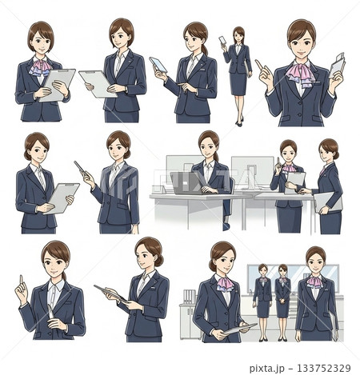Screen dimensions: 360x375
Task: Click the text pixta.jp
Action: click(268, 368)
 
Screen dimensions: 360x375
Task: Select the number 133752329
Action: click(323, 368)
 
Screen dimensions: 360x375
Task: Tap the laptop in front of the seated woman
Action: click(186, 183)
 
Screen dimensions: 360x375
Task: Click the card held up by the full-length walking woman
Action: click(222, 40)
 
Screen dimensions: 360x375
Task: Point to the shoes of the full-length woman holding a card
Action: click(239, 122)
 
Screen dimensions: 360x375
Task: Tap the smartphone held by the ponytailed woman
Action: click(158, 65)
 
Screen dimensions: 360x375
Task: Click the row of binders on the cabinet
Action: click(190, 297)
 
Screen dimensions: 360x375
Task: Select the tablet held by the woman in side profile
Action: click(110, 293)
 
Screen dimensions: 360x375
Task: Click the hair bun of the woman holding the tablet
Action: click(159, 261)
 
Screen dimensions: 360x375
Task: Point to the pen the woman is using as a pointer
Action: click(80, 167)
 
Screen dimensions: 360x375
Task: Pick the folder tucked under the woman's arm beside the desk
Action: click(328, 202)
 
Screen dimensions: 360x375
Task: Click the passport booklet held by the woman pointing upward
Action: click(337, 66)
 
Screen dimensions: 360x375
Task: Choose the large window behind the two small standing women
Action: click(293, 278)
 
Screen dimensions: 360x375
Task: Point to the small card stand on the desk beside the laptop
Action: click(160, 189)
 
